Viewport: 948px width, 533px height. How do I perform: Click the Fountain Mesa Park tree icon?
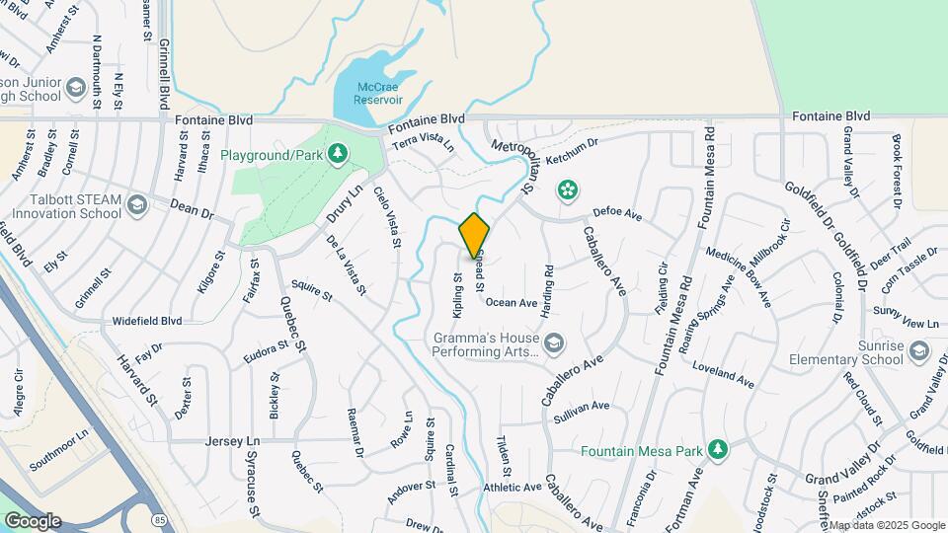[718, 450]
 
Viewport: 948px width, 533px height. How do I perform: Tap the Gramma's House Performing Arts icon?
[555, 343]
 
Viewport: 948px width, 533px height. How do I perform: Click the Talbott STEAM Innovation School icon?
[137, 205]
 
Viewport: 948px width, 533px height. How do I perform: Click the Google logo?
[33, 520]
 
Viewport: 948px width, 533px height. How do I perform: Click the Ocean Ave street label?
[511, 303]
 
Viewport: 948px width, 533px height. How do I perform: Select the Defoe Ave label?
[617, 213]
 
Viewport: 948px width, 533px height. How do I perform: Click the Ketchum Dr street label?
[572, 150]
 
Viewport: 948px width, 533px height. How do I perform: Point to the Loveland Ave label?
[723, 375]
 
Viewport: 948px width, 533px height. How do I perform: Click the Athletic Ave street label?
[513, 487]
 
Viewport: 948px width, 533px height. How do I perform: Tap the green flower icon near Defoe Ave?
[568, 188]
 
